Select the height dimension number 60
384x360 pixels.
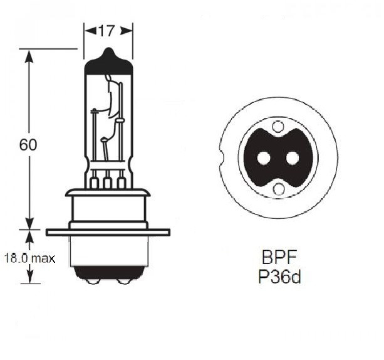click(28, 144)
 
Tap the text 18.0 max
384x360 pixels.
click(29, 258)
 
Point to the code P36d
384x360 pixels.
click(279, 277)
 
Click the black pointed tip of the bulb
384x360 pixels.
click(108, 55)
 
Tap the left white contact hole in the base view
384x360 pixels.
click(264, 158)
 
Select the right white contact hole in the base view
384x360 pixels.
click(293, 158)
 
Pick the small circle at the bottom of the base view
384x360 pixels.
click(278, 188)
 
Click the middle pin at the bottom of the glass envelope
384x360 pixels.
click(108, 183)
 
